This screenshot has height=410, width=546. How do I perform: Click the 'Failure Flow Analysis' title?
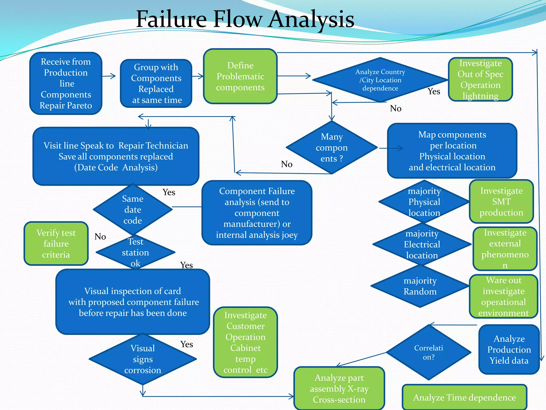click(x=245, y=19)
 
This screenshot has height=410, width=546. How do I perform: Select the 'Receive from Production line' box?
click(x=66, y=83)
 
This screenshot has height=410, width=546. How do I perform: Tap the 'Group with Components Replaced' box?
click(x=156, y=83)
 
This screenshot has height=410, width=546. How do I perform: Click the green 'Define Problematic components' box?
click(x=240, y=76)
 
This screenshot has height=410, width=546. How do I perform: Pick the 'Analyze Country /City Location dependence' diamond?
click(x=380, y=80)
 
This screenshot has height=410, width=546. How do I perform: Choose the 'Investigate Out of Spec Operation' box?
click(x=480, y=79)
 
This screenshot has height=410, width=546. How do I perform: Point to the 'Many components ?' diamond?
click(x=332, y=147)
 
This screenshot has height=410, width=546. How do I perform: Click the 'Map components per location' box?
click(x=452, y=151)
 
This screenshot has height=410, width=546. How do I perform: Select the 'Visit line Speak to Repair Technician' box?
click(x=116, y=156)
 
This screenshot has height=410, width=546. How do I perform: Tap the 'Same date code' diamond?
click(x=133, y=210)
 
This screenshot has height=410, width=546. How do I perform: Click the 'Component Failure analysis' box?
click(x=257, y=213)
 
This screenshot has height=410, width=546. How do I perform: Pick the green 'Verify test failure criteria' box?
click(x=56, y=243)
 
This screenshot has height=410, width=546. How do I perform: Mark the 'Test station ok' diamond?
click(x=135, y=252)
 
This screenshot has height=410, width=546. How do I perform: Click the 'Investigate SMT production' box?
click(x=501, y=202)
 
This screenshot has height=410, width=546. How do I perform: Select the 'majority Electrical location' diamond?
click(x=422, y=244)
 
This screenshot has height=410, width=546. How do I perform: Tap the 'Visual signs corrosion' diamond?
click(x=143, y=359)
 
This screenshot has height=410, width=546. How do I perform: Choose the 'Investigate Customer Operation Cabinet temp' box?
click(x=245, y=342)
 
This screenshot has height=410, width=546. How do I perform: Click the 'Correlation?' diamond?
click(x=428, y=352)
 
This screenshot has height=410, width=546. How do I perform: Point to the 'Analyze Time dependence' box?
click(x=464, y=397)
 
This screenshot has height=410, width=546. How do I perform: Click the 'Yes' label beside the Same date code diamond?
click(x=169, y=192)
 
